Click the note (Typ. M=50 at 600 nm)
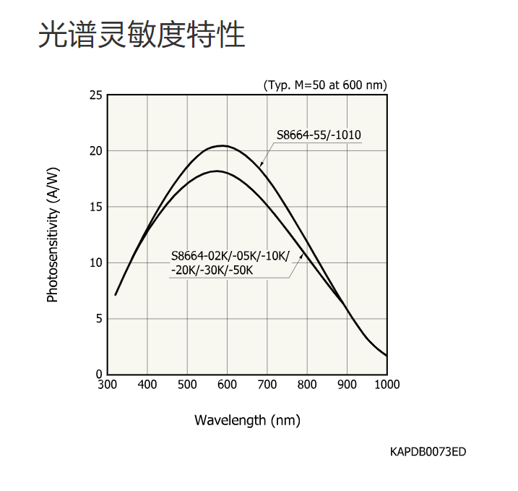point(325,85)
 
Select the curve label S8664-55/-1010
point(319,135)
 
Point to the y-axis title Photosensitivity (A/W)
point(52,234)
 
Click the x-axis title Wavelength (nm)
point(247,420)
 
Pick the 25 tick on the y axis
point(96,95)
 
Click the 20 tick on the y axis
point(96,150)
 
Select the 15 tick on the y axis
point(96,207)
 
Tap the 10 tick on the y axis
point(96,262)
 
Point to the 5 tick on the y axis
point(99,318)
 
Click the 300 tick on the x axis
point(107,385)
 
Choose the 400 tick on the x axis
point(147,385)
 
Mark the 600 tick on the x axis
point(227,385)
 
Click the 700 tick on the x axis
point(267,385)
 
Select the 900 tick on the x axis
point(348,385)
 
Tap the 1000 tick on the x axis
point(387,385)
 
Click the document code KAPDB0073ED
point(428,452)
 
